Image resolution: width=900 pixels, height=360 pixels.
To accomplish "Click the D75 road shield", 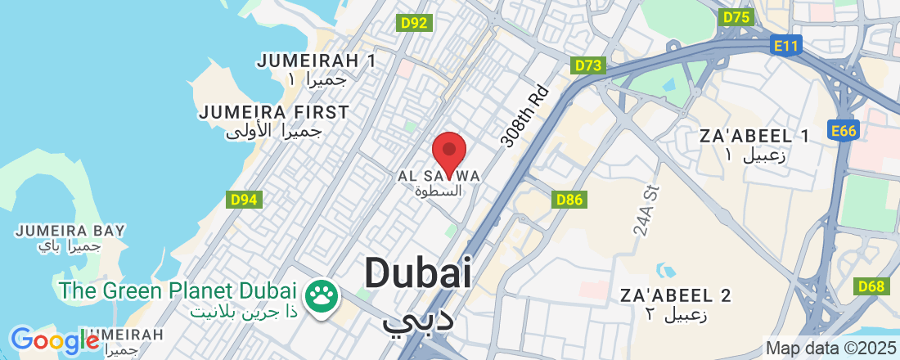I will [x=736, y=17].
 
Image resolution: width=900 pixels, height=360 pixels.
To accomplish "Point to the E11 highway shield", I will [x=785, y=47].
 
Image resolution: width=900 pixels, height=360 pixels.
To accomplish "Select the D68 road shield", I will [x=872, y=286].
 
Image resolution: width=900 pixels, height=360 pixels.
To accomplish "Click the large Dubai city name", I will [x=418, y=272].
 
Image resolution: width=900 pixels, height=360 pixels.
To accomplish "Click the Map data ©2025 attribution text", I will [x=831, y=348].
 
